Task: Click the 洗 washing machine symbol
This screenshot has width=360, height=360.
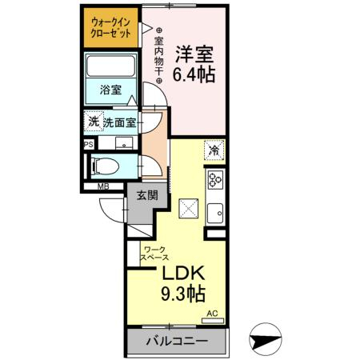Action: click(94, 122)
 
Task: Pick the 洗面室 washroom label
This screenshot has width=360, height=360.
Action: click(118, 123)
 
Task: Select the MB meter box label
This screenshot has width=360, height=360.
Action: click(103, 188)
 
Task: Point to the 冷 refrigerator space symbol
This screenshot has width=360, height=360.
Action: click(214, 149)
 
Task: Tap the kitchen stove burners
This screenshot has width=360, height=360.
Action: click(215, 179)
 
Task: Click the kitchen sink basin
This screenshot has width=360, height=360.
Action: click(214, 213)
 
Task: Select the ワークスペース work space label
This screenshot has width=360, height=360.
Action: click(154, 254)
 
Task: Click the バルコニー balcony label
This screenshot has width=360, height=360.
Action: click(176, 341)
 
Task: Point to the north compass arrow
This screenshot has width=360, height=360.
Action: click(266, 340)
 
